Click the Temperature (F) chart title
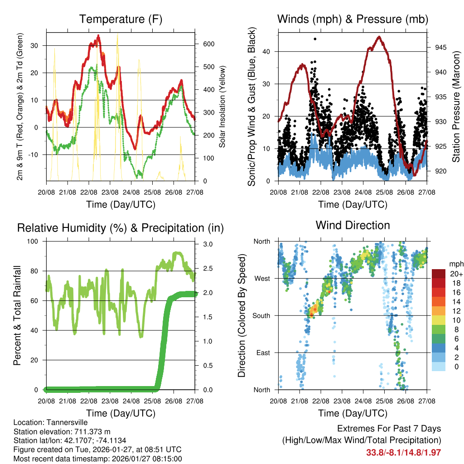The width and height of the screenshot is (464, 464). (x=121, y=19)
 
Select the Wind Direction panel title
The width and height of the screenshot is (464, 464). (x=353, y=225)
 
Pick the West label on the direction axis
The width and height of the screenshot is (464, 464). (x=262, y=278)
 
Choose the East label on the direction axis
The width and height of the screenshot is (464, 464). (x=263, y=353)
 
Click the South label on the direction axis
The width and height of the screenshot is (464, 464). (x=261, y=315)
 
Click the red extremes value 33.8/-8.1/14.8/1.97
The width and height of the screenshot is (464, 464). (x=403, y=452)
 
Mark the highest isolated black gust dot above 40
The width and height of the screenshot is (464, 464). (x=315, y=39)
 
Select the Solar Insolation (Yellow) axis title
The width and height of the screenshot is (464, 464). (x=222, y=106)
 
